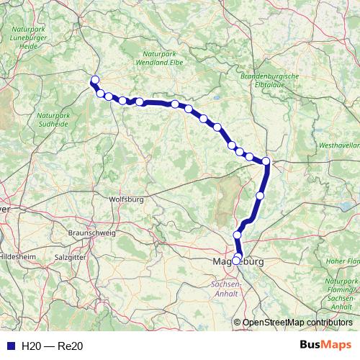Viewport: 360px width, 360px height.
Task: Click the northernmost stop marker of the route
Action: pyautogui.click(x=94, y=80)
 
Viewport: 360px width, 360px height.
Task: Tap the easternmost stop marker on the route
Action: pyautogui.click(x=266, y=161)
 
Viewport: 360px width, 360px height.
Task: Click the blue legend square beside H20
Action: pyautogui.click(x=10, y=346)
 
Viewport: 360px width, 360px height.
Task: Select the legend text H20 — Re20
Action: pyautogui.click(x=53, y=346)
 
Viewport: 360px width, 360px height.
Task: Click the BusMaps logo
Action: pyautogui.click(x=325, y=346)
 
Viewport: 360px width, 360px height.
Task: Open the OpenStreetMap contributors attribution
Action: pyautogui.click(x=297, y=323)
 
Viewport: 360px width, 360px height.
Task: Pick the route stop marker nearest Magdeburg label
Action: pyautogui.click(x=237, y=260)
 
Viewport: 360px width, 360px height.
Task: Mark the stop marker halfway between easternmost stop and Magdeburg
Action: pyautogui.click(x=260, y=195)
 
